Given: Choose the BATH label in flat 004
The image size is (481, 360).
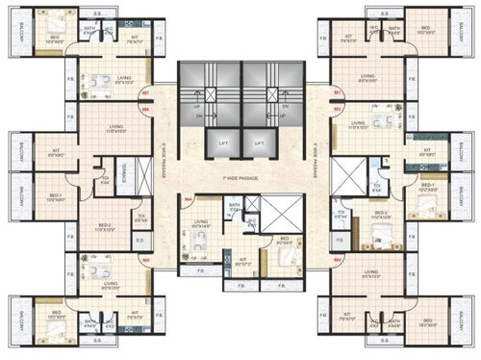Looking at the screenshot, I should click(x=234, y=206).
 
